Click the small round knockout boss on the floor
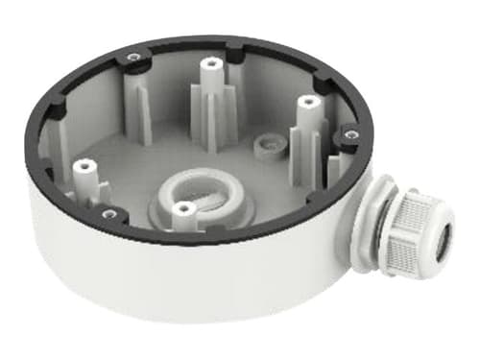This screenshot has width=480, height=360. (264, 145)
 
